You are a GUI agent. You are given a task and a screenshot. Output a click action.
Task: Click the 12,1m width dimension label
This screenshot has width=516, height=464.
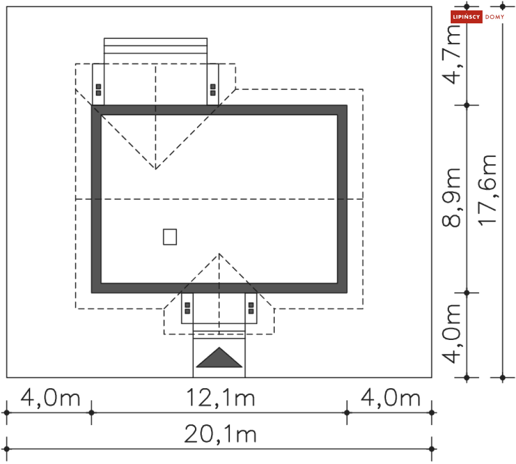tap(220, 398)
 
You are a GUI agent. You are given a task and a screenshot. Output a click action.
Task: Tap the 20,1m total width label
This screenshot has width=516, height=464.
tap(220, 434)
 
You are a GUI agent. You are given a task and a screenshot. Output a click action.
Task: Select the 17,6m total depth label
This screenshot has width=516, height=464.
tap(487, 190)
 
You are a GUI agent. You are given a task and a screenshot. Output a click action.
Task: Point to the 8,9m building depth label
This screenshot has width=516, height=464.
tap(451, 198)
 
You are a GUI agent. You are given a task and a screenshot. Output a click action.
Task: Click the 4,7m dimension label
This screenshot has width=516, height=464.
tap(451, 54)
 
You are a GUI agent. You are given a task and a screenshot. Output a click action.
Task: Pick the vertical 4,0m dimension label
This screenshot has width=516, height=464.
tap(451, 333)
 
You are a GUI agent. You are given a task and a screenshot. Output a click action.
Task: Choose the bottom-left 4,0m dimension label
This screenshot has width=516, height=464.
tap(50, 398)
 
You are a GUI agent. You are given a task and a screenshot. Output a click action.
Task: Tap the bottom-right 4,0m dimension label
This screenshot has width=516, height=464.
tap(391, 398)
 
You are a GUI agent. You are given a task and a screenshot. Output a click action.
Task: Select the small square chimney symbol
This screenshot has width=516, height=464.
tap(170, 237)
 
